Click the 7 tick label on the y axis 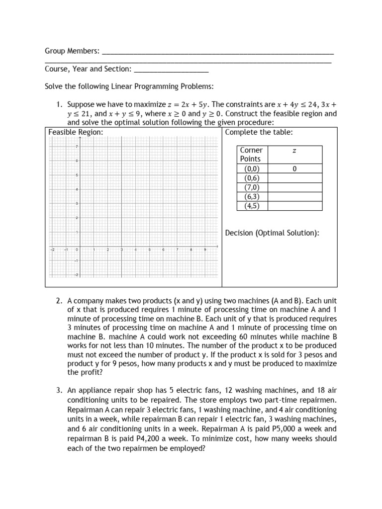pos(77,147)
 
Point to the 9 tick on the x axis pos(205,250)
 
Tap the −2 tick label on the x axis pos(52,250)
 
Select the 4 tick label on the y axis pos(77,189)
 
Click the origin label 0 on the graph pos(77,250)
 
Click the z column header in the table pos(294,150)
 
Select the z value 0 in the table pos(294,169)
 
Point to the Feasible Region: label pos(76,132)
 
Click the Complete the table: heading pos(259,132)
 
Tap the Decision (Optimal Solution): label pos(272,233)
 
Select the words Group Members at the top pos(72,51)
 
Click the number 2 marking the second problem pos(58,301)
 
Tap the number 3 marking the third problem pos(58,392)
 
